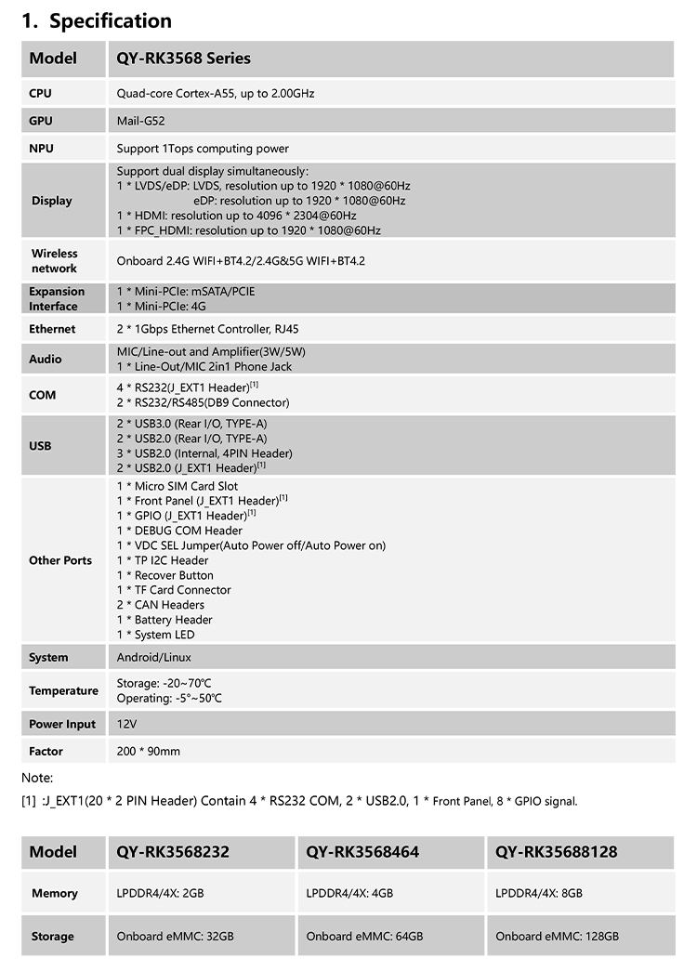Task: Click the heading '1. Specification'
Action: click(x=97, y=20)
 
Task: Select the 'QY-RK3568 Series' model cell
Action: click(x=183, y=59)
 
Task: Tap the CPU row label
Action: click(x=40, y=93)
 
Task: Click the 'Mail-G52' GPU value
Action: click(x=141, y=121)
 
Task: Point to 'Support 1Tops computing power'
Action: click(x=203, y=149)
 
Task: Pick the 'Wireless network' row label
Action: click(x=54, y=261)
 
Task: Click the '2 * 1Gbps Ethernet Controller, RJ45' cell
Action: click(x=207, y=329)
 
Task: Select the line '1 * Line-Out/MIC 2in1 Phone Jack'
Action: click(x=204, y=366)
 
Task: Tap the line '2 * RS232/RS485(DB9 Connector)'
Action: click(x=203, y=402)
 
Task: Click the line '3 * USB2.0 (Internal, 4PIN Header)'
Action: click(x=204, y=453)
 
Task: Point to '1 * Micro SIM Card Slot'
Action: click(x=178, y=486)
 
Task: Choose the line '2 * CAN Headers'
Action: click(x=160, y=605)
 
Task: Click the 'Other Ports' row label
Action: click(x=60, y=560)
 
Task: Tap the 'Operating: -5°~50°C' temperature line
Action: click(x=169, y=699)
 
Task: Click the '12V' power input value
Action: click(x=126, y=724)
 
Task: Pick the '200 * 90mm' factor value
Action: click(x=149, y=752)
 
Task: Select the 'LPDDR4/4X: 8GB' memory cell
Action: click(x=539, y=894)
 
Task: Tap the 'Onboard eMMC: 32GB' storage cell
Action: click(x=176, y=937)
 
